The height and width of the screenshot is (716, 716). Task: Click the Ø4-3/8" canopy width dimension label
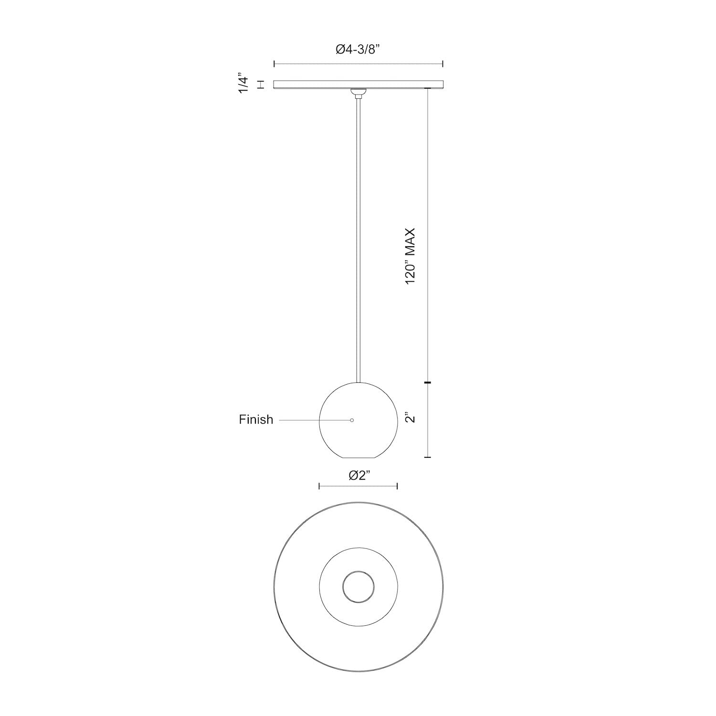(x=358, y=49)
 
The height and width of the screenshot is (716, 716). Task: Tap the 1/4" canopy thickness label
(x=244, y=84)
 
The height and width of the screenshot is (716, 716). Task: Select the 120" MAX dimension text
(x=411, y=256)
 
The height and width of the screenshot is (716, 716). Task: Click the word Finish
(x=256, y=420)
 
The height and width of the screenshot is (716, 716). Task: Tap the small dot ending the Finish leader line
(x=352, y=420)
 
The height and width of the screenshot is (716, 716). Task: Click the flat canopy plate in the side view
(x=358, y=84)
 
